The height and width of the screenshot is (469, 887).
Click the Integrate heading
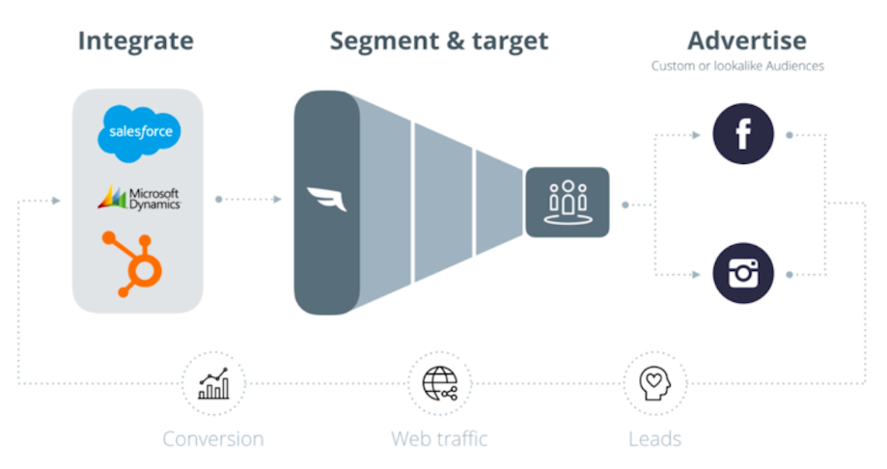point(135,41)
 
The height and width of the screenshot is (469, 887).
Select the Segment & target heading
point(439,41)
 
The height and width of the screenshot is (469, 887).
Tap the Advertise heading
point(746,41)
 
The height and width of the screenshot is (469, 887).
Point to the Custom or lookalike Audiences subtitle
point(737,67)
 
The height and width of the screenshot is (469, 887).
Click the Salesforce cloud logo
point(139,134)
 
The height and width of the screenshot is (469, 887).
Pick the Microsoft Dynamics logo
point(139,198)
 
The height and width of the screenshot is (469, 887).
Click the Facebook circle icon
point(743,134)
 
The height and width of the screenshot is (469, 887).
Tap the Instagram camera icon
point(743,273)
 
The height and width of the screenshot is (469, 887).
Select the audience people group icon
point(568,203)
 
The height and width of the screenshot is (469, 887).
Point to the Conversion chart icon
point(213,383)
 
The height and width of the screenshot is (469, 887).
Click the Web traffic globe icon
point(439,383)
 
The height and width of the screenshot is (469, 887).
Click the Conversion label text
point(212,439)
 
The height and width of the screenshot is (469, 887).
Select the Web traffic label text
point(439,439)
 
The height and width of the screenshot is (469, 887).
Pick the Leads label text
point(654,439)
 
